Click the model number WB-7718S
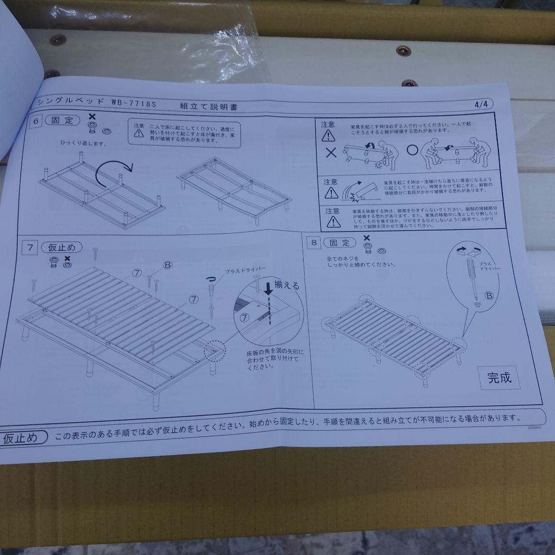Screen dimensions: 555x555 [133, 103]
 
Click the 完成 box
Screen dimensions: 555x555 [499, 378]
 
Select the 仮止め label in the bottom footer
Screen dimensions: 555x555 [21, 438]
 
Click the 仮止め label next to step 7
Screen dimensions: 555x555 [62, 248]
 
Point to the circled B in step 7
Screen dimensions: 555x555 [167, 265]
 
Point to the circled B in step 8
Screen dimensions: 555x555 [489, 295]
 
